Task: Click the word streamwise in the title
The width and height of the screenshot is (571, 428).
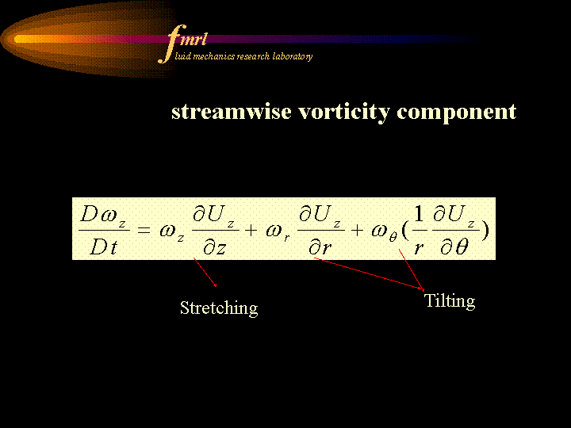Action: point(232,112)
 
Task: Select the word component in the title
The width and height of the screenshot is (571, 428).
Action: point(457,113)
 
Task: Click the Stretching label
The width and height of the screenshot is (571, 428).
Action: point(219,308)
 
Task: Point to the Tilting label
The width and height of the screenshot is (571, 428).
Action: point(450,301)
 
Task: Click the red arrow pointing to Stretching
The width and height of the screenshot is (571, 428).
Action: point(205,272)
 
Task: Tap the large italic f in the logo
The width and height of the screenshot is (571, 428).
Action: point(172,44)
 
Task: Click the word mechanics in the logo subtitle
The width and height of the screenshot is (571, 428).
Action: point(214,56)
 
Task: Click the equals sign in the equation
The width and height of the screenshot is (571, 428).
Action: point(144,230)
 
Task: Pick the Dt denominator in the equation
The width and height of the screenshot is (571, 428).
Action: point(104,247)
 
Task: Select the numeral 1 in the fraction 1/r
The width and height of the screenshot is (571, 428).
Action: point(419,214)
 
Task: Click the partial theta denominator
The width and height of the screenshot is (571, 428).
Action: point(454,247)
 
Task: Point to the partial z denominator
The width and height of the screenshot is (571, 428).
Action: point(215,248)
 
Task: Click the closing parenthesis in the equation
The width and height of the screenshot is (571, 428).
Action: point(485,230)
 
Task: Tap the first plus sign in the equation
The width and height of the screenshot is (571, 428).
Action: point(251,230)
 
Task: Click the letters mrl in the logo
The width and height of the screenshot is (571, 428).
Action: point(193,39)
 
